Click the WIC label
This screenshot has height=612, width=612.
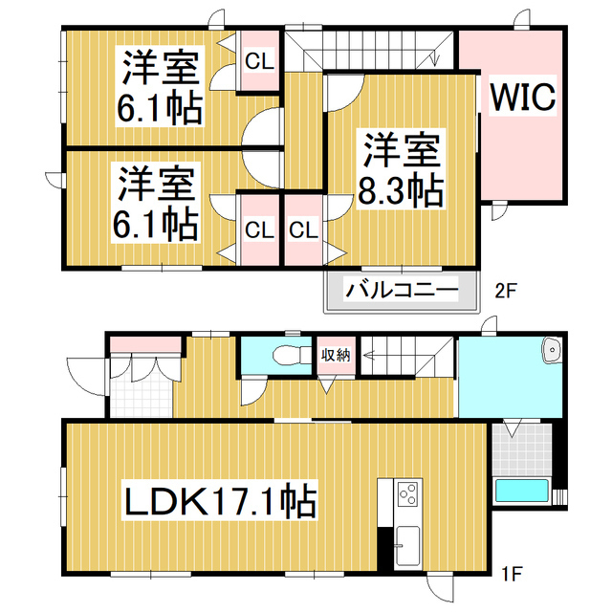click(x=523, y=98)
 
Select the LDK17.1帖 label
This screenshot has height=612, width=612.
click(x=219, y=499)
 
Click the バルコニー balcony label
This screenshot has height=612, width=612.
click(x=402, y=289)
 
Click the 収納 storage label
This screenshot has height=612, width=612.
click(x=335, y=354)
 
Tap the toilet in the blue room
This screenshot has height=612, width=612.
click(x=285, y=355)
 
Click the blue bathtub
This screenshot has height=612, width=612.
click(x=522, y=492)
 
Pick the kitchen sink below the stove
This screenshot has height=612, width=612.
click(x=406, y=547)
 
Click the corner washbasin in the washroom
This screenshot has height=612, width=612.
click(x=552, y=352)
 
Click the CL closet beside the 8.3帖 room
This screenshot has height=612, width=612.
click(x=303, y=229)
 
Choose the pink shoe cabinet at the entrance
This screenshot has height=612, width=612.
click(x=144, y=344)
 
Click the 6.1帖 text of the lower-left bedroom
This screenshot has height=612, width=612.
click(x=158, y=223)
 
